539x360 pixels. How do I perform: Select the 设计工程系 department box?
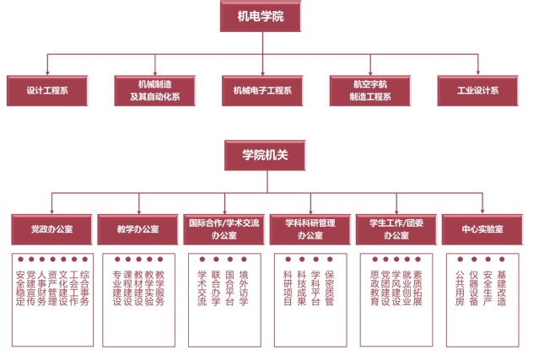coord(47,90)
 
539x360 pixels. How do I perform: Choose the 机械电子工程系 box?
coord(262,90)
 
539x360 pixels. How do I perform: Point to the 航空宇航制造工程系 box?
coord(371,90)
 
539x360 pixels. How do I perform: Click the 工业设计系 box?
coord(478,90)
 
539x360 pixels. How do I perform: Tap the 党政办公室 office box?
coord(51,228)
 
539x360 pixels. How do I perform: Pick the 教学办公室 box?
coord(138,228)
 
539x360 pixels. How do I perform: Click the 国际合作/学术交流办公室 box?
coord(224,228)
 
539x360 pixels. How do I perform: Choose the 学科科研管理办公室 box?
coord(310,228)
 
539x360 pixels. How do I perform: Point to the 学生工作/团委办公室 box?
coord(396,228)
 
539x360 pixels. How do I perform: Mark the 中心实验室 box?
coord(482,228)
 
